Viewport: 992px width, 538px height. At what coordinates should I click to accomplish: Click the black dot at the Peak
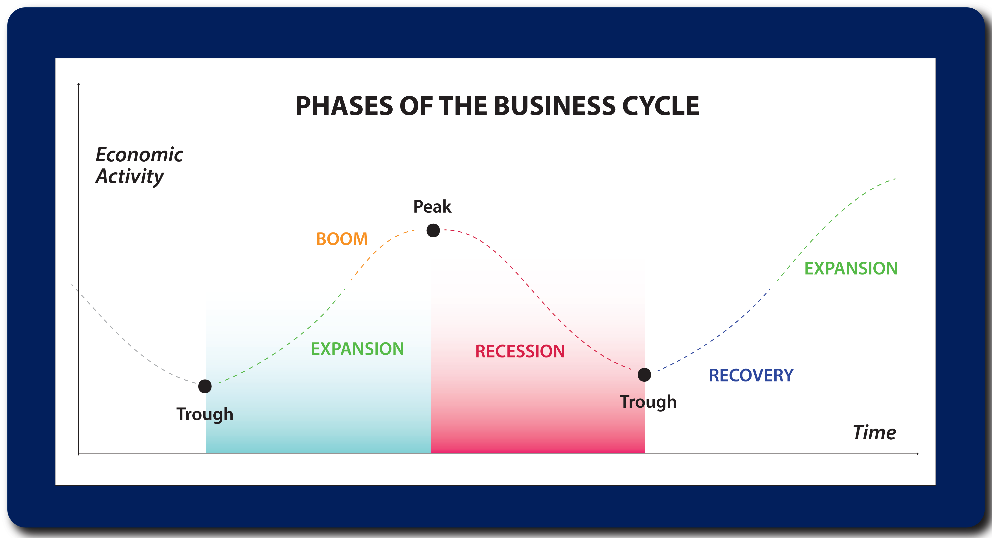(433, 230)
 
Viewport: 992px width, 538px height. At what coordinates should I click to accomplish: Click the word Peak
(432, 206)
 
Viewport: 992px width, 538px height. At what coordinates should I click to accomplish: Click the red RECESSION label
(520, 351)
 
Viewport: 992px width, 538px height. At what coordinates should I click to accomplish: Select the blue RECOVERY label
(751, 375)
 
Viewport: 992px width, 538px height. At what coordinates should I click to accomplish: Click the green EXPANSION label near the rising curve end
(851, 268)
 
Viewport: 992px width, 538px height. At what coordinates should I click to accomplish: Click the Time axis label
(874, 432)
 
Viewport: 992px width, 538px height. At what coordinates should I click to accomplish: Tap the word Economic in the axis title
(139, 155)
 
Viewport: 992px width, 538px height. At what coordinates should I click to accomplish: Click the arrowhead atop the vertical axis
(79, 84)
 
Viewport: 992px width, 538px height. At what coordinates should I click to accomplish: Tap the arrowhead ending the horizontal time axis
(918, 454)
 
